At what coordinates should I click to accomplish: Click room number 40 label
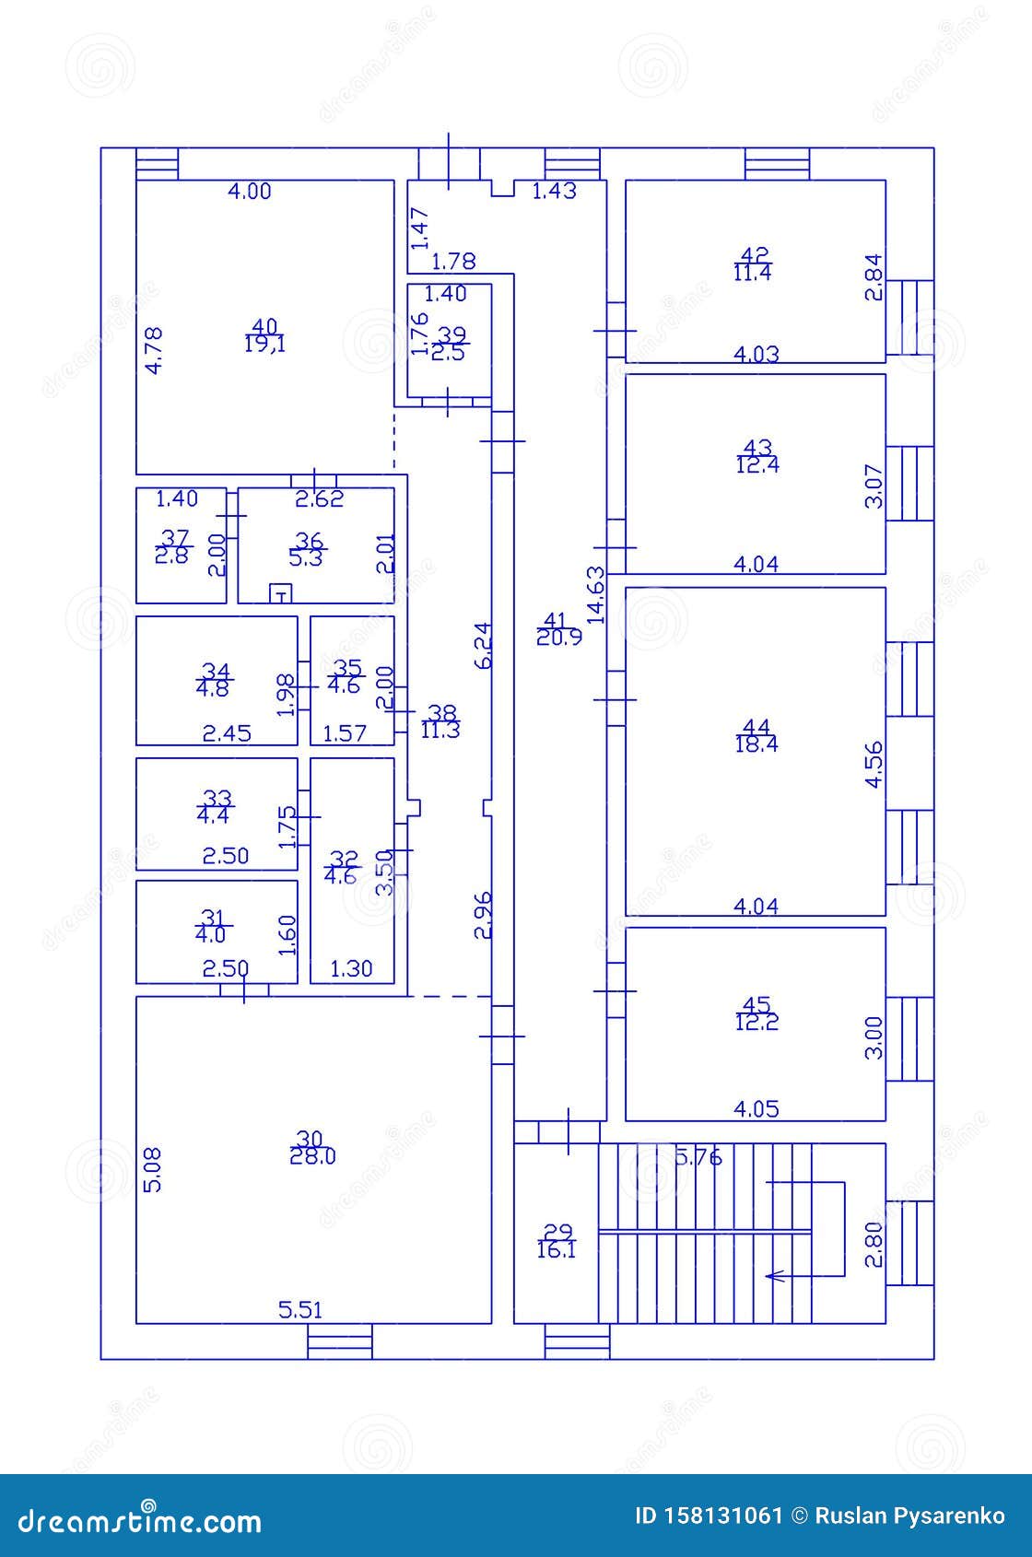264,326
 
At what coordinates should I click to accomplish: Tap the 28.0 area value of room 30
312,1157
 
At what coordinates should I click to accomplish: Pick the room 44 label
756,728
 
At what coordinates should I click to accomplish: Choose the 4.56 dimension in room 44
874,764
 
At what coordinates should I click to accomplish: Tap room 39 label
451,334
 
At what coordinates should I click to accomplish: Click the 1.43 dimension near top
555,192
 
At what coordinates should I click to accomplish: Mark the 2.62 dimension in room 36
319,499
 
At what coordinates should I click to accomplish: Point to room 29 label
557,1232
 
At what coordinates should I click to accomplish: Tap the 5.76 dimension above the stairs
698,1157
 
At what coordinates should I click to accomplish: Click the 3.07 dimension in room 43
874,486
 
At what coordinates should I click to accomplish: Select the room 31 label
212,918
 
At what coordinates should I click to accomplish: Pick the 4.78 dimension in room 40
155,350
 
